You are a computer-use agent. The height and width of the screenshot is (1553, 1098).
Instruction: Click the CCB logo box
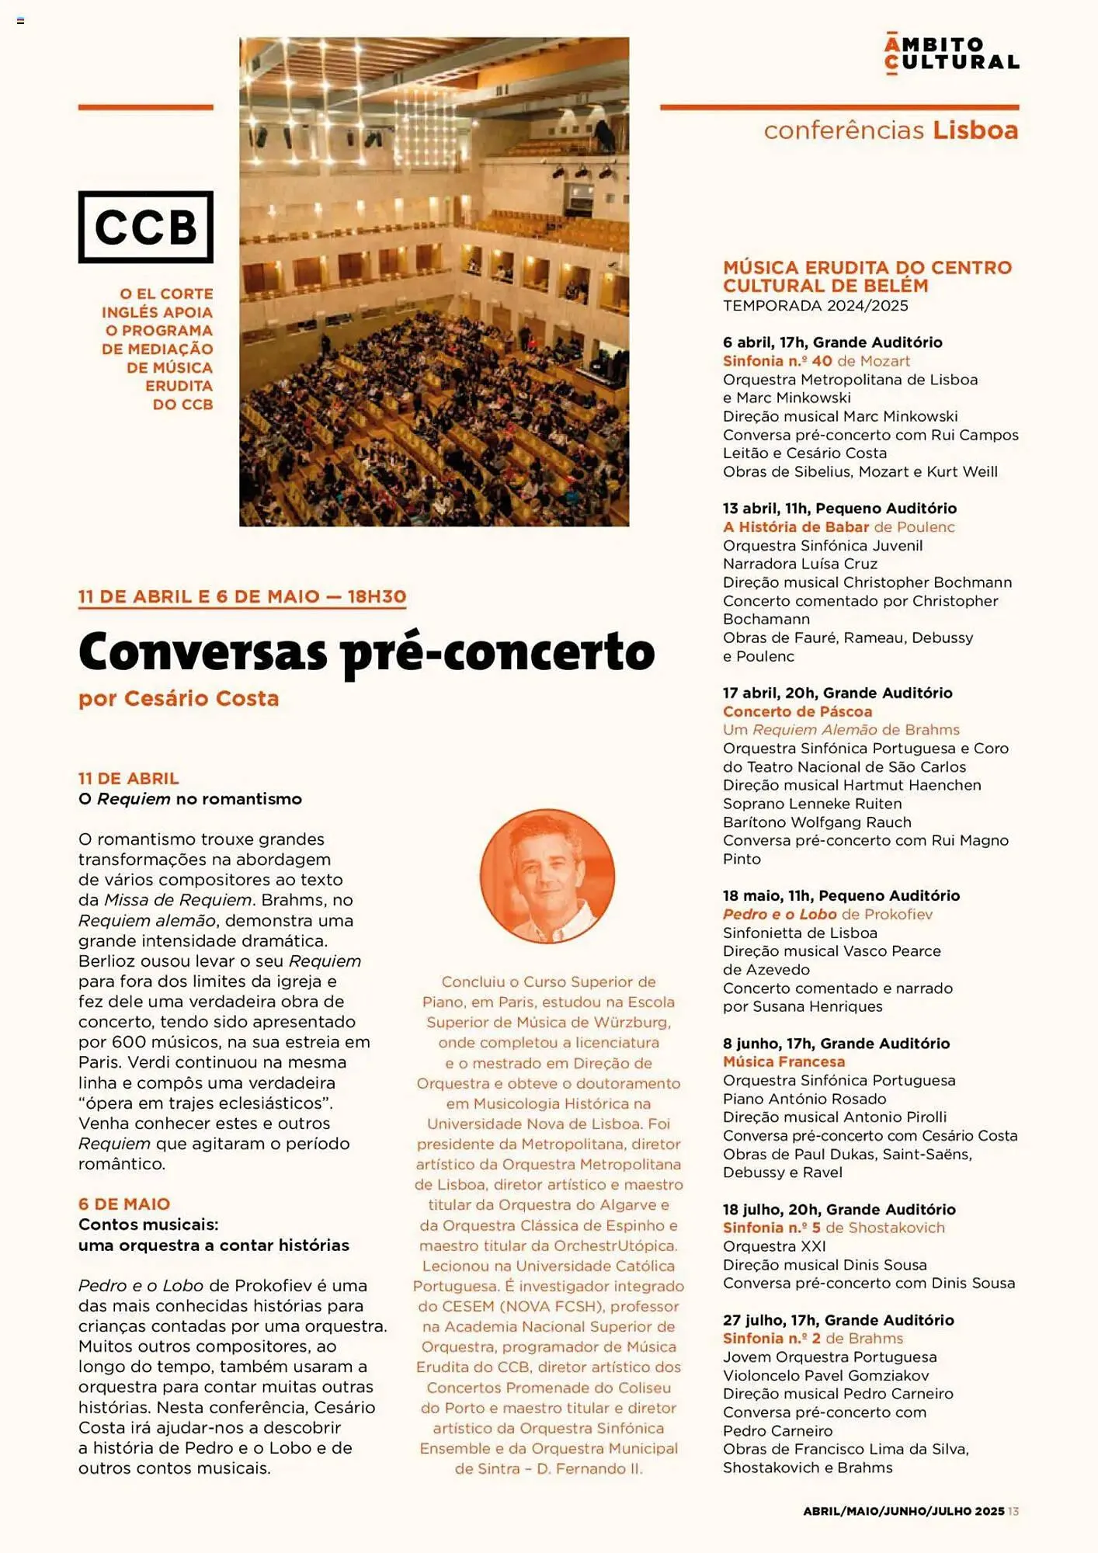145,227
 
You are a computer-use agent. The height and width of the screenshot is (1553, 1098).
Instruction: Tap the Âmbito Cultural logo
951,54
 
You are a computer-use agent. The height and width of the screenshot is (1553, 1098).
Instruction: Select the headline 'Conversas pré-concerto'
367,653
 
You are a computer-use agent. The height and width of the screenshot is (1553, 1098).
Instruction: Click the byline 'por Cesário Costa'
179,698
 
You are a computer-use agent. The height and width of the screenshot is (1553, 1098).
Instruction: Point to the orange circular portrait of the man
547,876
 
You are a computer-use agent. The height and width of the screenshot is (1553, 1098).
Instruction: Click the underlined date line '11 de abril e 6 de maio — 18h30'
242,596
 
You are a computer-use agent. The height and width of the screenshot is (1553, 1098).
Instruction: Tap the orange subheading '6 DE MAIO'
124,1204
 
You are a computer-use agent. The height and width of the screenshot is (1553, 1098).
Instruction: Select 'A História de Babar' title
796,526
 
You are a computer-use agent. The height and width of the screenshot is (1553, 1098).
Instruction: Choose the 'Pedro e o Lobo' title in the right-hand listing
780,914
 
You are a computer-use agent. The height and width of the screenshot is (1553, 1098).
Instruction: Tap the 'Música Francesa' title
784,1061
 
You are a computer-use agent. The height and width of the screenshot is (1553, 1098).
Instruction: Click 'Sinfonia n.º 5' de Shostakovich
772,1228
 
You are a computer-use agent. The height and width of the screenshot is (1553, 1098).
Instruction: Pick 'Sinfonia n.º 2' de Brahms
772,1338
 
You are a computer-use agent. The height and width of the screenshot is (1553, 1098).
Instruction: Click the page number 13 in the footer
1013,1511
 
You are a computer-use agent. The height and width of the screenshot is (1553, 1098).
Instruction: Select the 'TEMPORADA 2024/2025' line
815,305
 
